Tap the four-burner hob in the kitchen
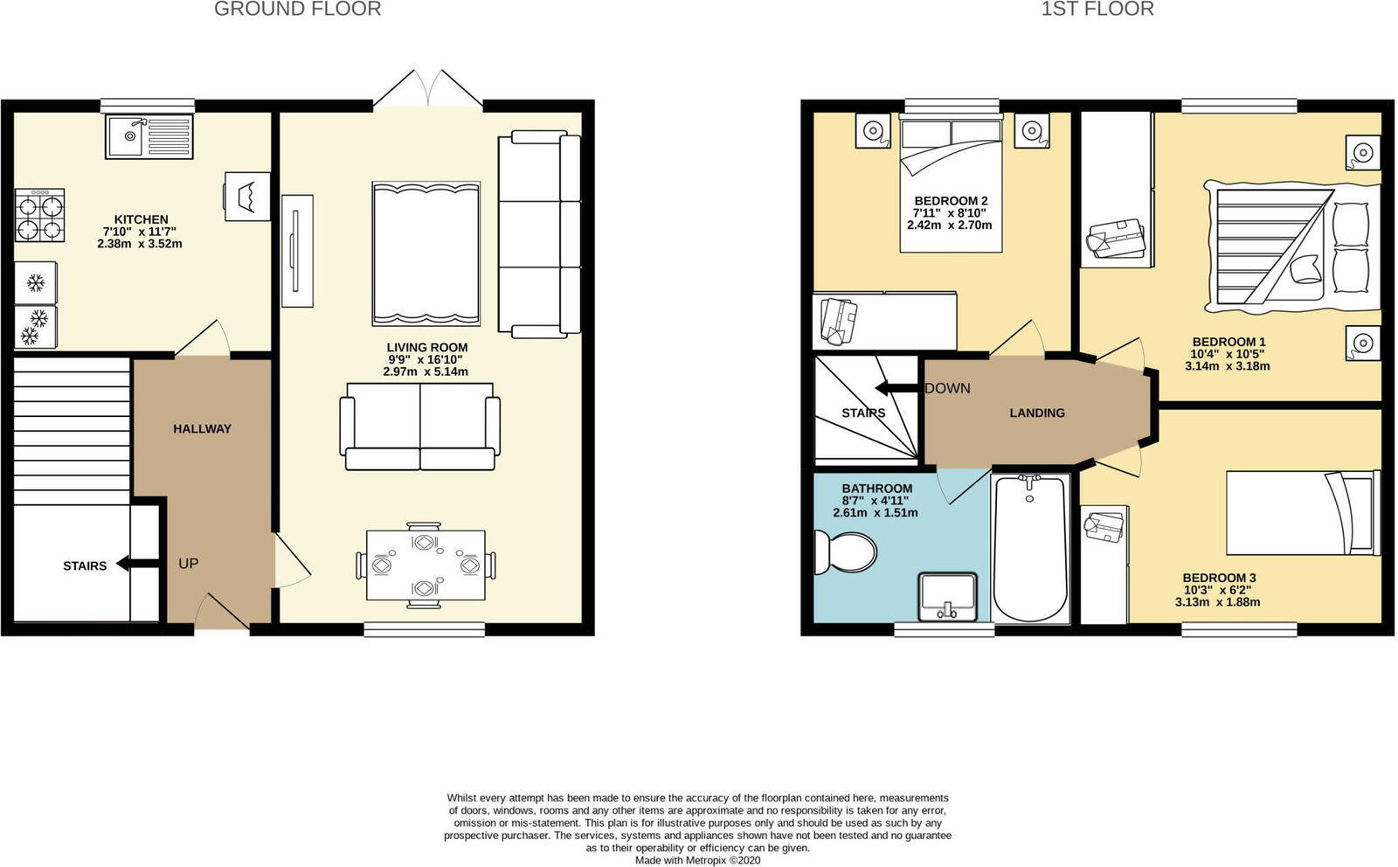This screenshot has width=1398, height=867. [x=39, y=216]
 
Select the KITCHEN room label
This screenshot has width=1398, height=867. [x=141, y=219]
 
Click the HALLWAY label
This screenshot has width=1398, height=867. [x=202, y=428]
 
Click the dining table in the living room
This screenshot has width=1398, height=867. [x=426, y=565]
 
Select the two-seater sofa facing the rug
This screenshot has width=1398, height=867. [x=420, y=426]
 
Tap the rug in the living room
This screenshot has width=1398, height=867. [x=426, y=253]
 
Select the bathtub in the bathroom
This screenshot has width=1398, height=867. [x=1030, y=548]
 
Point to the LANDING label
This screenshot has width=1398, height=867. [x=1037, y=413]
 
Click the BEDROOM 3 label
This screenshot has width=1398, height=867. [x=1219, y=578]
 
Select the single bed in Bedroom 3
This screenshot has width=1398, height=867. [x=1303, y=513]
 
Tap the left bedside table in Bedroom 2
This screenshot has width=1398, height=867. [x=872, y=131]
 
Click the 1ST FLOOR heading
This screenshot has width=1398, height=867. [x=1097, y=10]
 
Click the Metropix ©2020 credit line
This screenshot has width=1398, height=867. [x=697, y=860]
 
